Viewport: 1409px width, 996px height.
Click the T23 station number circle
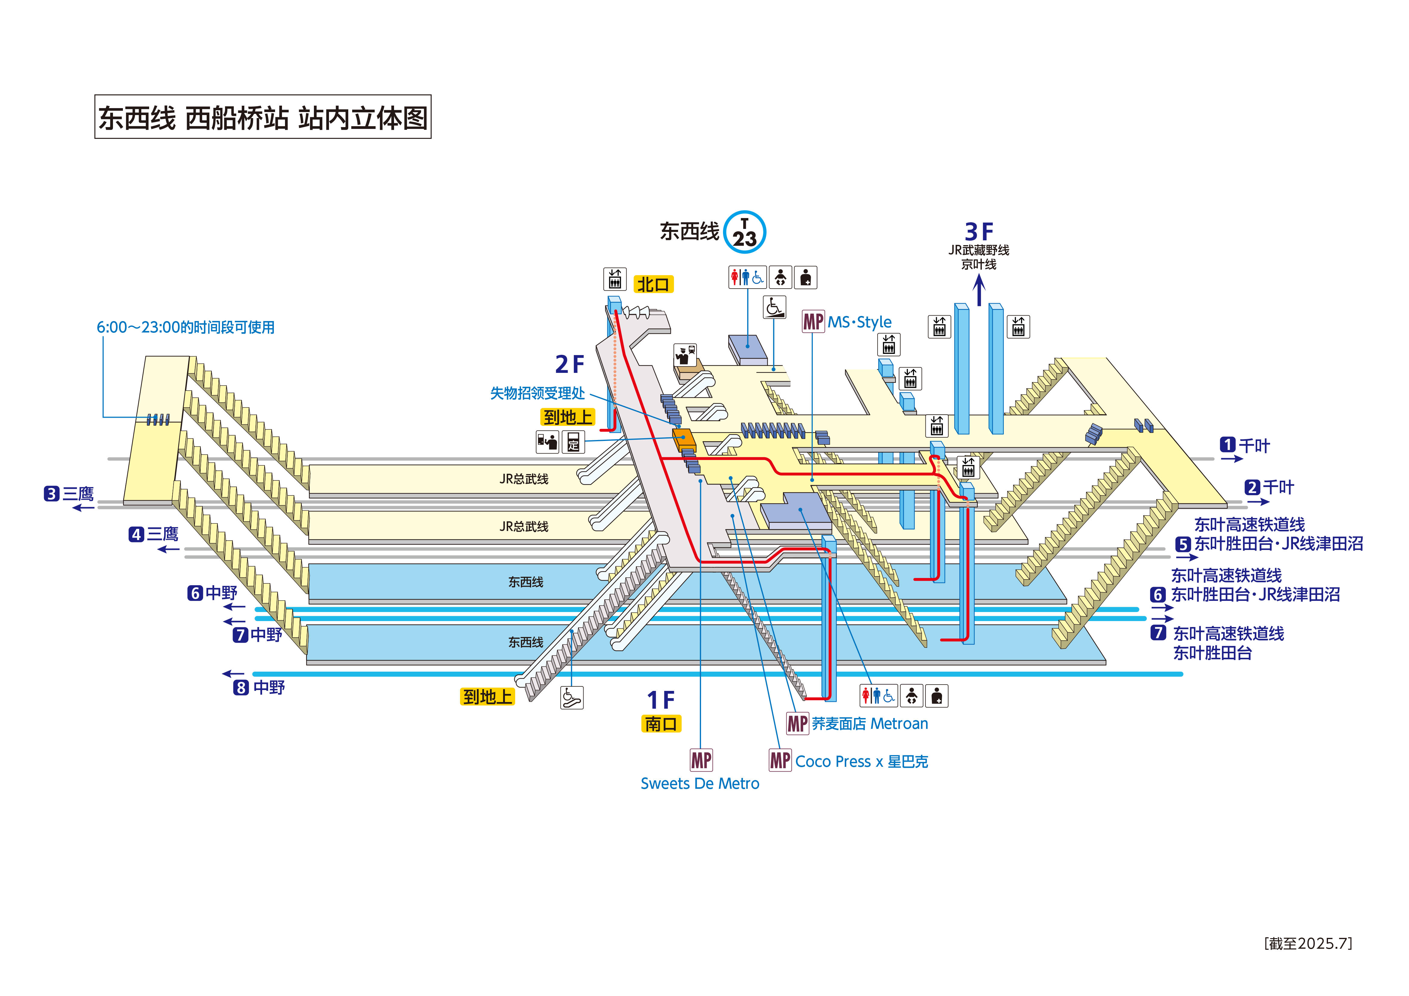[x=744, y=232]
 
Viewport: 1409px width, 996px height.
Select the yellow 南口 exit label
[x=661, y=724]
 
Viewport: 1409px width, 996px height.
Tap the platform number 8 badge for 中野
[x=241, y=688]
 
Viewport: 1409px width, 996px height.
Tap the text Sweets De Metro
[x=700, y=784]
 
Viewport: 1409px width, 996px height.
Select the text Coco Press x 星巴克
[x=861, y=762]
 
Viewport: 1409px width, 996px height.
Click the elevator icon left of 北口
[x=614, y=279]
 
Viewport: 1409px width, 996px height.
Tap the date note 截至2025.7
[x=1308, y=943]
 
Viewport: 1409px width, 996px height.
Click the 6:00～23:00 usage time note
[x=185, y=327]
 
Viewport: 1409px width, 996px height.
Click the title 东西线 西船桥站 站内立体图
[x=263, y=117]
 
